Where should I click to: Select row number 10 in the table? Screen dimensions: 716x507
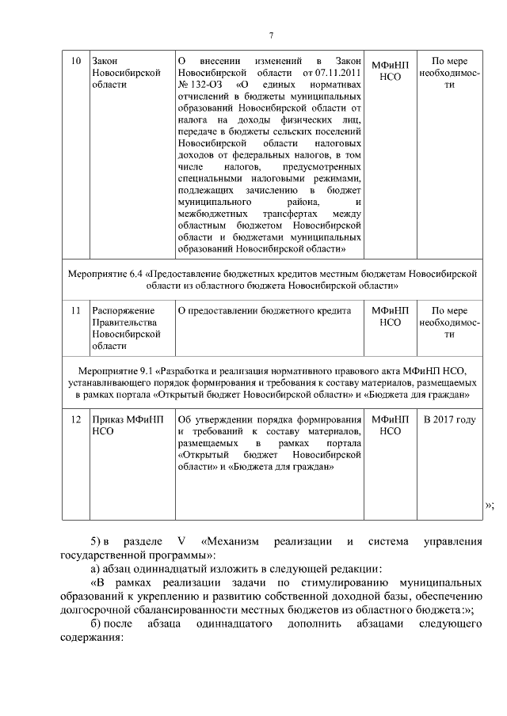point(75,61)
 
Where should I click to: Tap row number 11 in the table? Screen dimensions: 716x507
point(75,311)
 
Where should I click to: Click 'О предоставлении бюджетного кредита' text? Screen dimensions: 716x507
point(264,311)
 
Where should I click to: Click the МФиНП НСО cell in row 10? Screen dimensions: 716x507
point(390,68)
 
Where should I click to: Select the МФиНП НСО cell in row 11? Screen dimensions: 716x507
point(390,316)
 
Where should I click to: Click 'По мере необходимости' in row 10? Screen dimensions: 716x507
point(449,74)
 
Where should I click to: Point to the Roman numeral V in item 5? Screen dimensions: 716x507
point(181,541)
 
